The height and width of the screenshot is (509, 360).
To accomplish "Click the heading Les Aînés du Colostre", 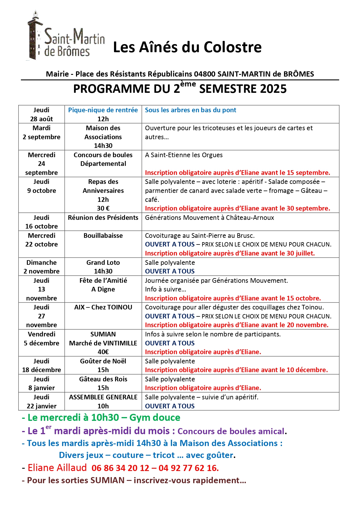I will (x=187, y=47).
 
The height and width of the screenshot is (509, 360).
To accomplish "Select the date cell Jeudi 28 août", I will (x=41, y=114).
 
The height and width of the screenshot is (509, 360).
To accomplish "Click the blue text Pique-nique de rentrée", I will (x=103, y=110).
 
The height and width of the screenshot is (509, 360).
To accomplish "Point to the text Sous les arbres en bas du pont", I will (x=191, y=110).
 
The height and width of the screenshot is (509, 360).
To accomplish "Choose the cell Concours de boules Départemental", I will (x=103, y=159).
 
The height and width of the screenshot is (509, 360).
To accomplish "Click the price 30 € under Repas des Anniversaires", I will (x=103, y=208).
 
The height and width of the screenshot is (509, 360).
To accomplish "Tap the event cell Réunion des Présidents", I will (x=103, y=218).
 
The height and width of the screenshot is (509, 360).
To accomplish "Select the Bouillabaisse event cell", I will (x=103, y=236).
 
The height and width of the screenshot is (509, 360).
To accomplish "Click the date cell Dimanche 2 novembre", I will (x=41, y=267).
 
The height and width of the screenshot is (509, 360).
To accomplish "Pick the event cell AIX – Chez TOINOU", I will (x=103, y=307).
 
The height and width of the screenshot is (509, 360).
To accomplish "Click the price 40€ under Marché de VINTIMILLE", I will (x=103, y=352).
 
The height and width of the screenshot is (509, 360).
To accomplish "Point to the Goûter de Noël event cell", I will (x=103, y=365).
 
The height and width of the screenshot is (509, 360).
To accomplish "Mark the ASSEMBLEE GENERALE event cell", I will (x=103, y=401).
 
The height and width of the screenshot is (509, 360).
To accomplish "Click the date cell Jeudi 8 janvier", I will (x=41, y=383).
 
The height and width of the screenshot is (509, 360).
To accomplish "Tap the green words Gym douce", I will (x=155, y=418).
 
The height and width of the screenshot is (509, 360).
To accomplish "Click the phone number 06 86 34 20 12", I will (x=120, y=468).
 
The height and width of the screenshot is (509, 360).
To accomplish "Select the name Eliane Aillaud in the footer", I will (x=57, y=468).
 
